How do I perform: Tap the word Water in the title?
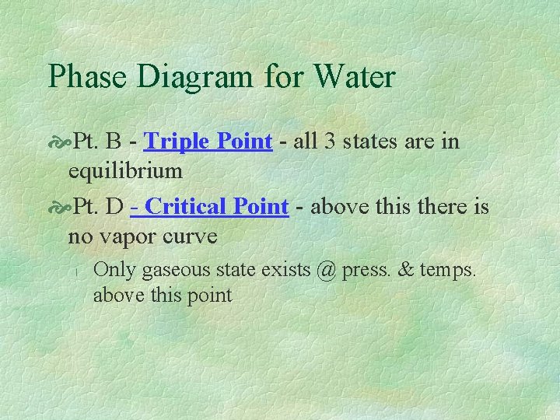pyautogui.click(x=354, y=77)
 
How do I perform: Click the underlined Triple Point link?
pyautogui.click(x=208, y=142)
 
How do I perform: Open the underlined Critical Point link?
pyautogui.click(x=209, y=207)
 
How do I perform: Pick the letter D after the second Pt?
pyautogui.click(x=115, y=208)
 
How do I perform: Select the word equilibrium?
pyautogui.click(x=125, y=170)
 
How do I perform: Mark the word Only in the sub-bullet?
pyautogui.click(x=114, y=270)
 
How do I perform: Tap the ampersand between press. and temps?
pyautogui.click(x=405, y=270)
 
